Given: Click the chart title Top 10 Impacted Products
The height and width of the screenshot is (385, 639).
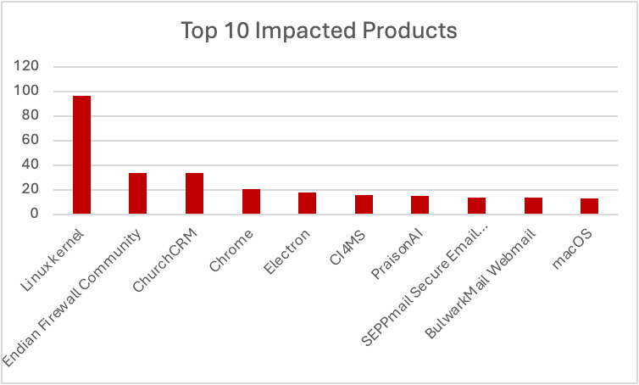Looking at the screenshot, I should click(319, 31).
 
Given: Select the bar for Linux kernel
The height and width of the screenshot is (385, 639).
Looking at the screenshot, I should click(81, 154).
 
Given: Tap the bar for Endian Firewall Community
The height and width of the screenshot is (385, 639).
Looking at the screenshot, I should click(137, 193).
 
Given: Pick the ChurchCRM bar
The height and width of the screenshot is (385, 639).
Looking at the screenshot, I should click(194, 193).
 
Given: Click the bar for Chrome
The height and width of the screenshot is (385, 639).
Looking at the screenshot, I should click(251, 201).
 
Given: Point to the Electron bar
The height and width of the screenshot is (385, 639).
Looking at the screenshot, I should click(307, 203).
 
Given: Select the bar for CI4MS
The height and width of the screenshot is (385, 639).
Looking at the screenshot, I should click(364, 204).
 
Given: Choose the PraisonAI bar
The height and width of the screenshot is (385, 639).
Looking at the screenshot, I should click(420, 204).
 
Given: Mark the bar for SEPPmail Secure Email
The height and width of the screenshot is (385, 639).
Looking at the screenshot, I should click(476, 205).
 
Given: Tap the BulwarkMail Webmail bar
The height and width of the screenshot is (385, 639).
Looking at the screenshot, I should click(533, 205).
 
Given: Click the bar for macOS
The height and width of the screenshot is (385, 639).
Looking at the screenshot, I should click(589, 206).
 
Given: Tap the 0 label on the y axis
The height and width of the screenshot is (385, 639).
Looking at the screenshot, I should click(35, 215).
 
